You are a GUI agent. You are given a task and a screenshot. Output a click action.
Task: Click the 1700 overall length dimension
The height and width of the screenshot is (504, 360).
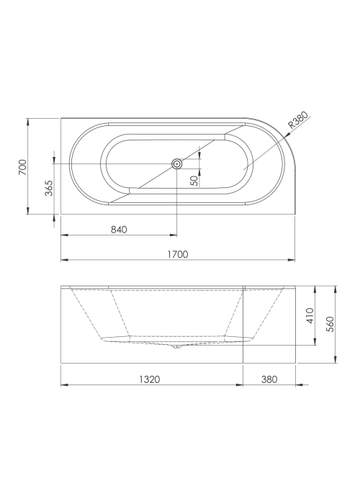click(178, 254)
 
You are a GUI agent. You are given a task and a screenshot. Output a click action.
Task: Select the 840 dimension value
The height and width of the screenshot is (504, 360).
click(119, 230)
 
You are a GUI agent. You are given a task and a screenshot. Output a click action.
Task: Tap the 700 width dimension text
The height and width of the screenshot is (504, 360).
click(22, 167)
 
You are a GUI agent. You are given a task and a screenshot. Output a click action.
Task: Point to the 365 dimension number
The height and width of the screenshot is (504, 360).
click(48, 188)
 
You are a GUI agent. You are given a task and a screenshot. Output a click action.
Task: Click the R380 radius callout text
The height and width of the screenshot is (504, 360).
click(297, 120)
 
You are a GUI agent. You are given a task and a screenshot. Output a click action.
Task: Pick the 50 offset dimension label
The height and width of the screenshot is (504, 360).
click(194, 181)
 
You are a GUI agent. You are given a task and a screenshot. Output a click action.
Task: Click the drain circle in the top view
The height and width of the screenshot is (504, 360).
click(176, 164)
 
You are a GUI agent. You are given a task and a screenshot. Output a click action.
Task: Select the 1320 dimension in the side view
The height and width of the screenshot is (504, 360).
click(150, 379)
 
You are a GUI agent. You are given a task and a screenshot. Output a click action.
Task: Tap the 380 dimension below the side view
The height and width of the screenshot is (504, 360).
click(269, 379)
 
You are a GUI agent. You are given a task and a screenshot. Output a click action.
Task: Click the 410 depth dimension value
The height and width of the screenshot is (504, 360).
click(310, 315)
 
